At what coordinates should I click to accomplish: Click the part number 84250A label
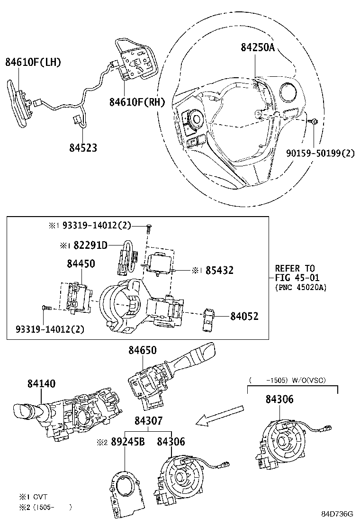pyautogui.click(x=258, y=47)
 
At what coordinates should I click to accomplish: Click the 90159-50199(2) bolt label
pyautogui.click(x=320, y=153)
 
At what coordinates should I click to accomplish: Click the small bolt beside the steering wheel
pyautogui.click(x=315, y=122)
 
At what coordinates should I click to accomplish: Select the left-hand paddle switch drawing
pyautogui.click(x=19, y=104)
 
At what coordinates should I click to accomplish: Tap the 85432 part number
pyautogui.click(x=219, y=271)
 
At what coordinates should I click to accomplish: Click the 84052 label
pyautogui.click(x=244, y=316)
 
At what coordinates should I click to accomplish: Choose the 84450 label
pyautogui.click(x=81, y=263)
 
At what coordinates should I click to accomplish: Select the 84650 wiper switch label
pyautogui.click(x=142, y=350)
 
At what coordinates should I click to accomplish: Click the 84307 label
pyautogui.click(x=148, y=420)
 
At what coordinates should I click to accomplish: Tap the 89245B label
pyautogui.click(x=128, y=442)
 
